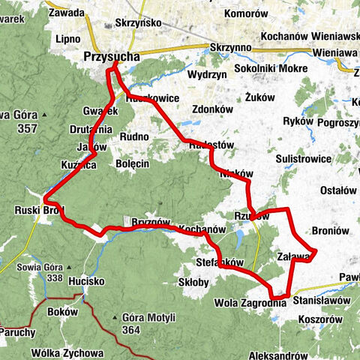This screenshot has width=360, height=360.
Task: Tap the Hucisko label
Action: click(x=85, y=281)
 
